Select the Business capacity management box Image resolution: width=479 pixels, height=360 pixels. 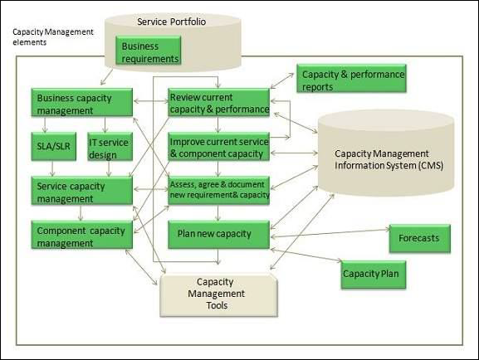(82, 102)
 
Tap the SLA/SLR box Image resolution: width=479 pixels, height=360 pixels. (55, 148)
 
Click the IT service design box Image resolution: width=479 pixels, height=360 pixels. (109, 148)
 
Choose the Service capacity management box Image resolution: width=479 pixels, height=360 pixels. (82, 192)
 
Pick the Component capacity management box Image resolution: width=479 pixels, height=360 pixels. (82, 235)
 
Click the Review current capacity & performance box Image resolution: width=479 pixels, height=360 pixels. (218, 103)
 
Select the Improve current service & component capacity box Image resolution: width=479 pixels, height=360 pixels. (218, 147)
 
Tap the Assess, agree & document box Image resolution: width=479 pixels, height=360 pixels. (218, 189)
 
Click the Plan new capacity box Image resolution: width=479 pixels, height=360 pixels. (218, 234)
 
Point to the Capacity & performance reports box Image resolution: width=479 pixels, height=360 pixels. (353, 80)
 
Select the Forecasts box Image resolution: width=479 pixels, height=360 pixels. (419, 239)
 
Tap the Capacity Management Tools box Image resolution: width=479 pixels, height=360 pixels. (216, 294)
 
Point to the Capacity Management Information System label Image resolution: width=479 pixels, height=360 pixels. (383, 158)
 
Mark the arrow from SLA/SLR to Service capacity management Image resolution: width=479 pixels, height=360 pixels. (54, 169)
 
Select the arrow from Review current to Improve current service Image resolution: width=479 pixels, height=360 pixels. (218, 124)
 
